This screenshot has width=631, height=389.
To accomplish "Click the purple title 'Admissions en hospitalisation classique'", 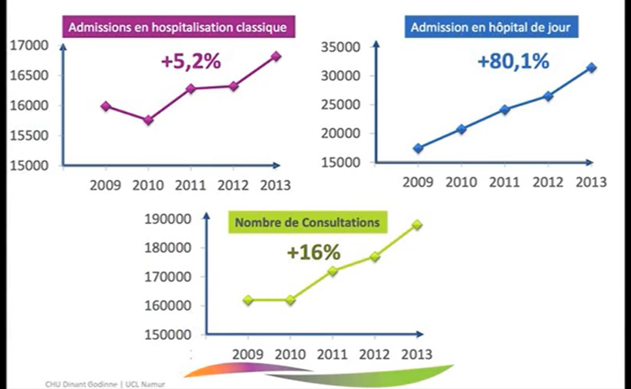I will point(178,28).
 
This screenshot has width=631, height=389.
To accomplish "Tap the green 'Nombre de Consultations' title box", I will point(307,222).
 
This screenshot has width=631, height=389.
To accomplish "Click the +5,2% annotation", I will point(190,62).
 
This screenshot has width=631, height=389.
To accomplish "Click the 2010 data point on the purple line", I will point(148,120).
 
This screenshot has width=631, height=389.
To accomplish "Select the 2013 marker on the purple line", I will point(276,56).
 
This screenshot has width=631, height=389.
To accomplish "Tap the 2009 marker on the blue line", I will point(418,148).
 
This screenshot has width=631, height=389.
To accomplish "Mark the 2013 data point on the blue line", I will point(592,67).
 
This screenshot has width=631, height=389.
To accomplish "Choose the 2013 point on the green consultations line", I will point(417,225).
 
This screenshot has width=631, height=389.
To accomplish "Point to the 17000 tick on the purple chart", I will point(30,46).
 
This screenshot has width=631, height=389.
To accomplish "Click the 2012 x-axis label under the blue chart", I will point(547,182).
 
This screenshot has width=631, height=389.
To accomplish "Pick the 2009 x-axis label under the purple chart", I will point(105,185).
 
